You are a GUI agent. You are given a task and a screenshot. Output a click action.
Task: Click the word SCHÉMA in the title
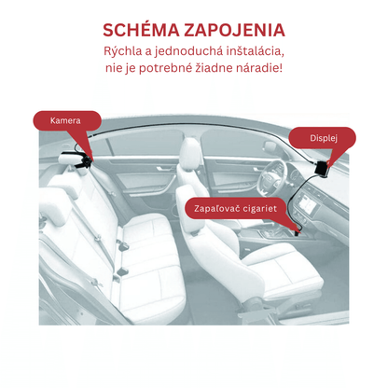141,30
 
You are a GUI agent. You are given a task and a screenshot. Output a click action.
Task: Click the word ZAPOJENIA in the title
234,30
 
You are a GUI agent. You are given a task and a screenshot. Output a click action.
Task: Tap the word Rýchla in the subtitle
122,51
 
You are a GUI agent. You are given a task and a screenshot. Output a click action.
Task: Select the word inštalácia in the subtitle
256,51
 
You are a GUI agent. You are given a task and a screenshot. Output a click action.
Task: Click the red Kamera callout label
67,120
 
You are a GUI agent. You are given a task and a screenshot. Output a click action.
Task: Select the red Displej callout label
323,138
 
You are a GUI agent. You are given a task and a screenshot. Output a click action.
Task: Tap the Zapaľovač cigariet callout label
235,208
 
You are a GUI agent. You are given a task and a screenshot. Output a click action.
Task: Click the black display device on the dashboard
322,168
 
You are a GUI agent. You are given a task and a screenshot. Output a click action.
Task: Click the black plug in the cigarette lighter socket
298,231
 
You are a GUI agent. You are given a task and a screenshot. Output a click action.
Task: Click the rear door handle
161,169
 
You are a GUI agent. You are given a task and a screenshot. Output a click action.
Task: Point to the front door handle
258,169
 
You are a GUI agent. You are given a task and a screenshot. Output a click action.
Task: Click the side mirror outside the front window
270,146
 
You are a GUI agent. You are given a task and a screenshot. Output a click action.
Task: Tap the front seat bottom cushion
282,268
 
